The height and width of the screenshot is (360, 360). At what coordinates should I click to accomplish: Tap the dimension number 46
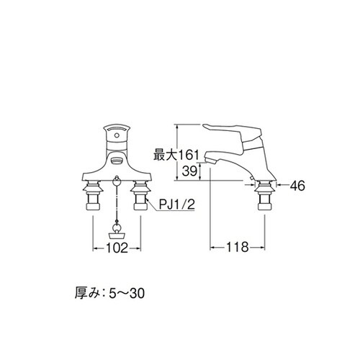click(x=297, y=186)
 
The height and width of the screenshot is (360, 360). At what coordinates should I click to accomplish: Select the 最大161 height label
click(x=174, y=154)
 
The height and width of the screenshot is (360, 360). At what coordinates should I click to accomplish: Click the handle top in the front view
click(x=116, y=130)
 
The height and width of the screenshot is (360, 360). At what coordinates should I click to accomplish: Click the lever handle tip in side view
click(x=213, y=127)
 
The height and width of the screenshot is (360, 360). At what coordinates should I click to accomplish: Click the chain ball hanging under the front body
click(x=116, y=180)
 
